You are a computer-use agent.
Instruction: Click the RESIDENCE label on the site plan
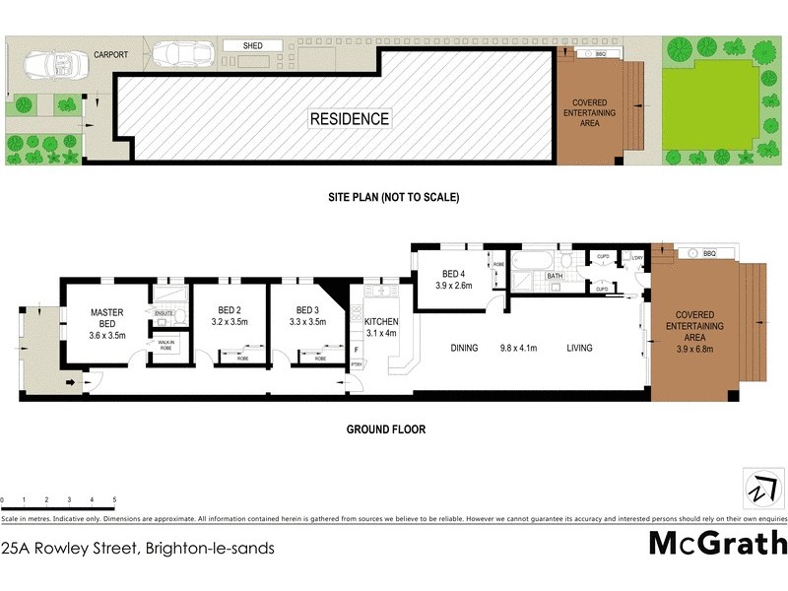(x=350, y=119)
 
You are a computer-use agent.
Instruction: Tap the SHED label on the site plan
(x=253, y=45)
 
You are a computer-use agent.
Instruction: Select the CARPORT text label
(x=110, y=55)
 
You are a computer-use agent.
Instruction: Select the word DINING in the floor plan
(x=464, y=347)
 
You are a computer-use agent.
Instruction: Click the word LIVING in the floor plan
(x=582, y=347)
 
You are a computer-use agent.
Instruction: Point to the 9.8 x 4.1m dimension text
(x=522, y=347)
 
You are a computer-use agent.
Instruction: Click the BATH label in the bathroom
(x=554, y=277)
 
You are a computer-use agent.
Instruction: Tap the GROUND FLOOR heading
(x=385, y=429)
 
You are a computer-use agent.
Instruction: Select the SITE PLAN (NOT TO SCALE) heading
(x=394, y=197)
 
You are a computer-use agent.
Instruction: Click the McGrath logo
(x=717, y=542)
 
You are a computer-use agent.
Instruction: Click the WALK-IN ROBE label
(x=165, y=346)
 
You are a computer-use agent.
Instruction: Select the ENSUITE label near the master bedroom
(x=164, y=312)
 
